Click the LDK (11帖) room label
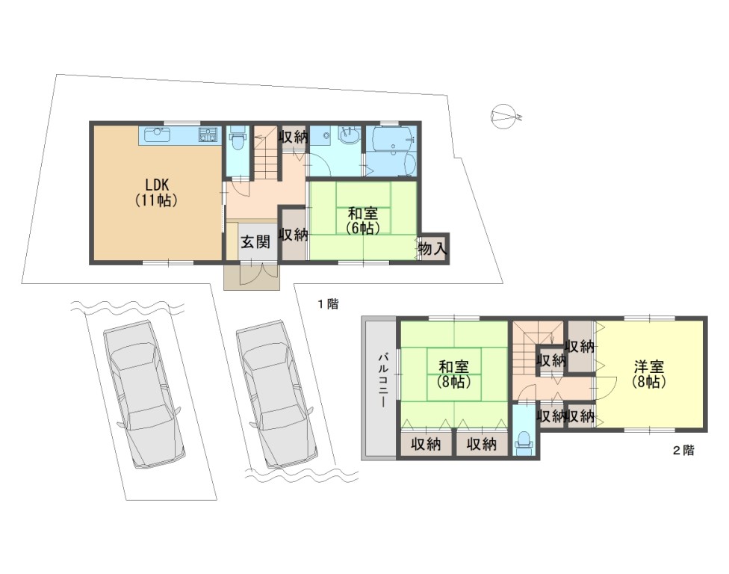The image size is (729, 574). (x=157, y=191)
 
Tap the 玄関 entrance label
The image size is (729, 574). (x=255, y=242)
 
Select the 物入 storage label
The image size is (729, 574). (x=432, y=248)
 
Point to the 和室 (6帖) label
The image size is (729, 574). (x=363, y=220)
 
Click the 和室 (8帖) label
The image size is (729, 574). (x=454, y=374)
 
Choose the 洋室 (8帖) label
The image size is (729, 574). (x=648, y=374)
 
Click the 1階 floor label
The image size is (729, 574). (x=329, y=304)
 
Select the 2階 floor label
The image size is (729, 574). (x=684, y=450)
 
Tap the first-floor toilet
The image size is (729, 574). (x=237, y=138)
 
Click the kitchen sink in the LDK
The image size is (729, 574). (x=157, y=135)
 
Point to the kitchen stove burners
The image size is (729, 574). (x=208, y=135)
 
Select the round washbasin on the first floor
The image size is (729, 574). (x=349, y=135)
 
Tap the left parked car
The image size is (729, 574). (x=144, y=394)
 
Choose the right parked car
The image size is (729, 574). (x=276, y=394)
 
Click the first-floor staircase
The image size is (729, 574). (x=266, y=152)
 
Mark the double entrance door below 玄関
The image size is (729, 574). (x=252, y=274)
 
